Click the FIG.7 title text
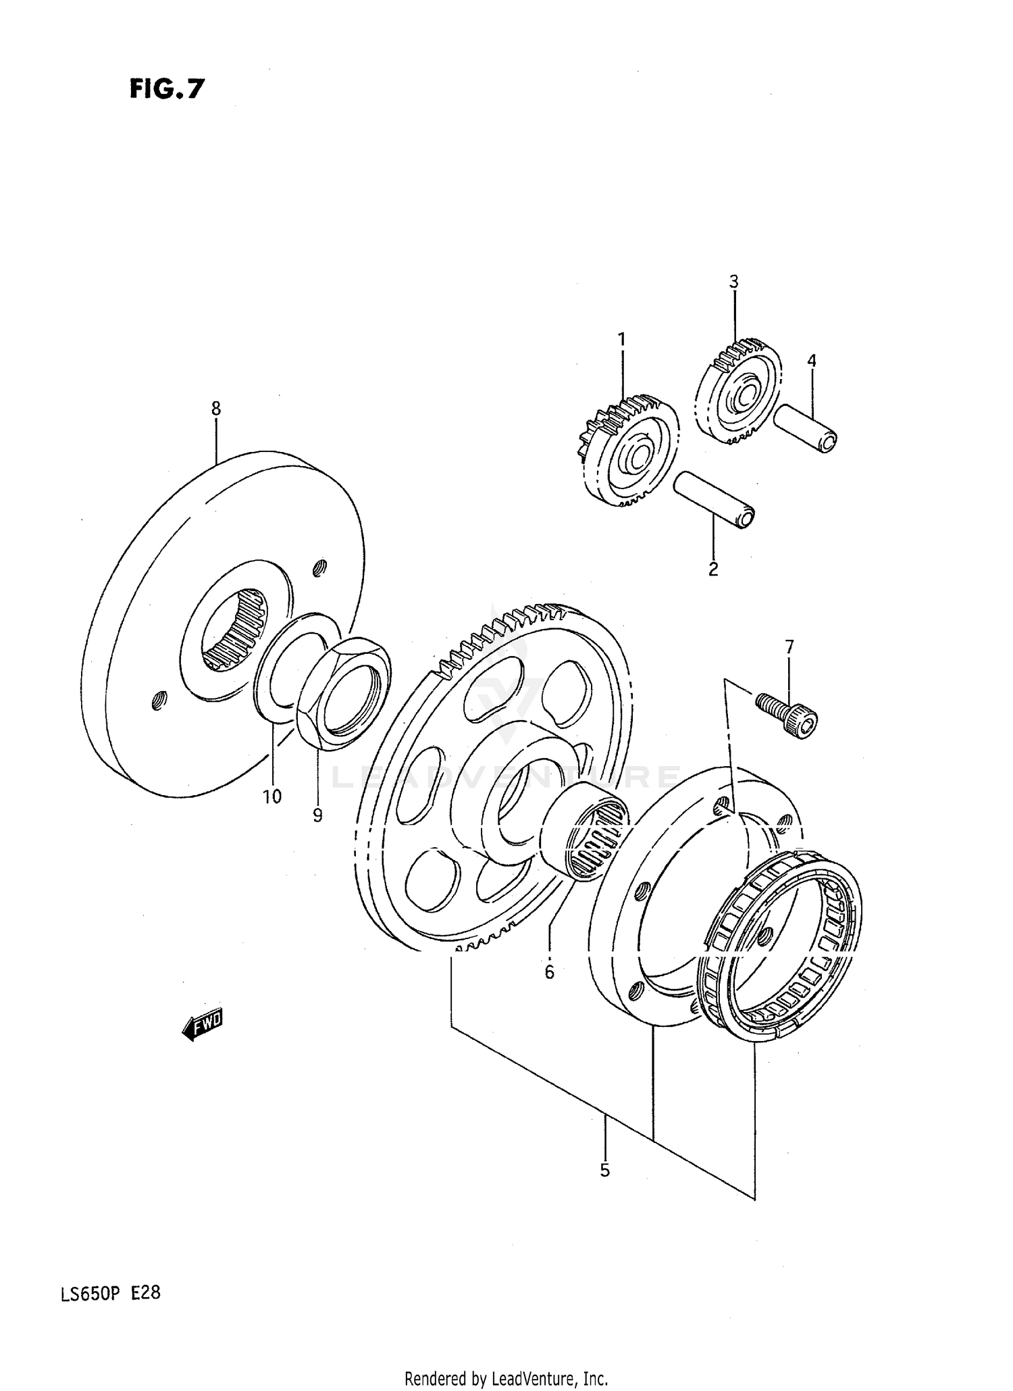click(x=166, y=89)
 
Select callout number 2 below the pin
click(x=713, y=569)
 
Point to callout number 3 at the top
click(x=734, y=282)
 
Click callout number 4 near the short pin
click(x=811, y=361)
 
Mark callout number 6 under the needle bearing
click(x=549, y=971)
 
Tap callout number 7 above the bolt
click(x=789, y=647)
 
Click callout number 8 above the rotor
click(x=215, y=408)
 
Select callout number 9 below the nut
click(x=317, y=815)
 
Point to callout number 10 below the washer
click(x=271, y=796)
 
